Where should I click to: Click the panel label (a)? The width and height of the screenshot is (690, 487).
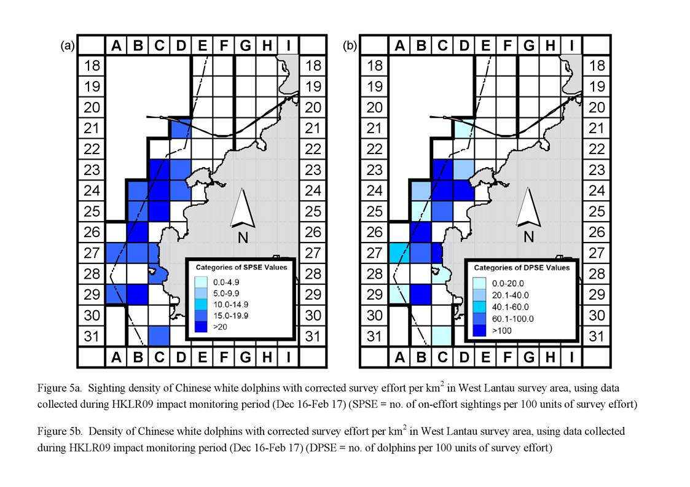pos(68,46)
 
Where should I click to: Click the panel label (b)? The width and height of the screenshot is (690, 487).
pos(350,46)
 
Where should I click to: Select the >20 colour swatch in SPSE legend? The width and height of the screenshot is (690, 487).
pos(201,327)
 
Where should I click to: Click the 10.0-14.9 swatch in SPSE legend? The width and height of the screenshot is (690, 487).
pos(201,305)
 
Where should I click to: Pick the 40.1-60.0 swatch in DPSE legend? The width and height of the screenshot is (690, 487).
pos(479,307)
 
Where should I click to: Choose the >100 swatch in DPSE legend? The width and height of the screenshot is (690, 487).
pos(479,330)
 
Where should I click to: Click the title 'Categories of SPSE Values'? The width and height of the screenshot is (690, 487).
pos(241,268)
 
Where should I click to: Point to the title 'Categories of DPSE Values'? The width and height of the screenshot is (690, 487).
pos(522,268)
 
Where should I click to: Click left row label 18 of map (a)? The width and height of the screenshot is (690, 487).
pos(92,66)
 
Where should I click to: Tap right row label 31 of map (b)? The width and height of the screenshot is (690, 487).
pos(596,337)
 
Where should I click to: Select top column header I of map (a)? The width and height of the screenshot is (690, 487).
pos(289,45)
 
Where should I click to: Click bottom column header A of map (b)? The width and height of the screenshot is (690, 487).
pos(399,357)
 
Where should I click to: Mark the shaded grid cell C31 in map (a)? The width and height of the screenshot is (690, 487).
pos(159,336)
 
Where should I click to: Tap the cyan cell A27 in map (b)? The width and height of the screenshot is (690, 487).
pos(399,254)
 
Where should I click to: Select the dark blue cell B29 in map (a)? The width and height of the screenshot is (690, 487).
pos(137,294)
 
